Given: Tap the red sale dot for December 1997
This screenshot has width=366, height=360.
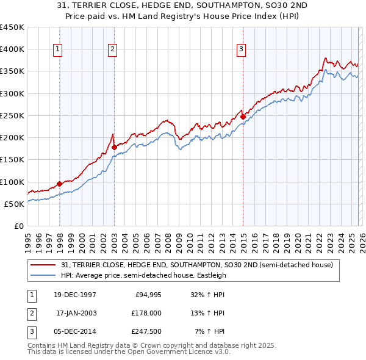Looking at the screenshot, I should [59, 184].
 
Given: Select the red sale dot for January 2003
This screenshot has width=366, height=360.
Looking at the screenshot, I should [114, 147].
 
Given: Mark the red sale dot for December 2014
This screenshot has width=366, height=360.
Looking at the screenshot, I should [243, 117].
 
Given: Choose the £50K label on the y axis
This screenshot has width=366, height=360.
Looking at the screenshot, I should [14, 204].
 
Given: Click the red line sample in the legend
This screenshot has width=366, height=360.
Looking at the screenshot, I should [43, 265].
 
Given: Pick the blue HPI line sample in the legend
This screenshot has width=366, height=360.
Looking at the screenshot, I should [43, 275].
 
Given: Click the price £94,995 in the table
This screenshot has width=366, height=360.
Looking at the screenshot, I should [148, 294].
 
